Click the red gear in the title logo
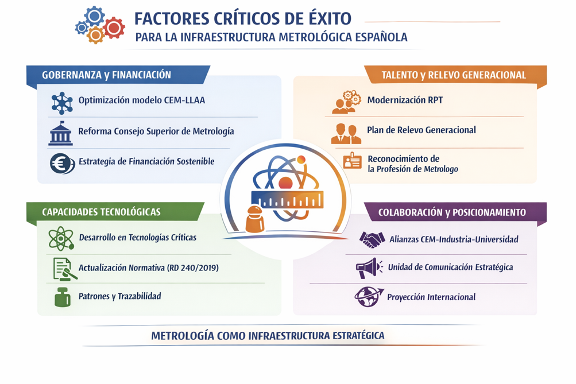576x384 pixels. (114, 28)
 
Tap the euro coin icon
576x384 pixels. (62, 164)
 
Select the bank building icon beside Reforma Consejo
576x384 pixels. (61, 133)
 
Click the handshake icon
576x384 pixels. (372, 239)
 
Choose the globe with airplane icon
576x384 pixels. (369, 297)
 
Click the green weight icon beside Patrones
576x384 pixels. (63, 297)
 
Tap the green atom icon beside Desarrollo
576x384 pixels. (61, 238)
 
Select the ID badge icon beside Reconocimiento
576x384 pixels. (352, 161)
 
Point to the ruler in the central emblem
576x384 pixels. (287, 199)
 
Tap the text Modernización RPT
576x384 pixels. (405, 100)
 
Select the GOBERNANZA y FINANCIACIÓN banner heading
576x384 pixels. (107, 75)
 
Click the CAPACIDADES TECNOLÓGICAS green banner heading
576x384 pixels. (102, 212)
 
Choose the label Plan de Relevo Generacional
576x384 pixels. (422, 130)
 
